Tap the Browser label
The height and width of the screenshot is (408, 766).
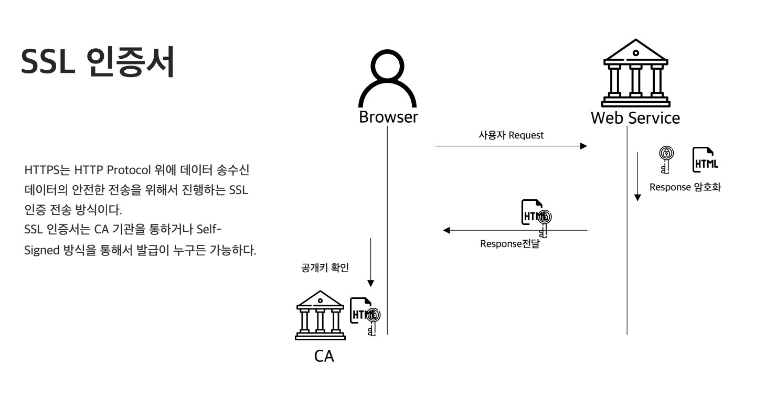click(x=388, y=117)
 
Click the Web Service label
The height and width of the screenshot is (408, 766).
click(x=635, y=117)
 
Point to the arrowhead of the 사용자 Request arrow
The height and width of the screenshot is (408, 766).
click(x=583, y=146)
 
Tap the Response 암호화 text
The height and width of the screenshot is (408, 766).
click(x=685, y=188)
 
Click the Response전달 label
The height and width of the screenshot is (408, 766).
click(x=509, y=244)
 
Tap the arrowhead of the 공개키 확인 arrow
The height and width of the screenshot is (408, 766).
click(x=371, y=283)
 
